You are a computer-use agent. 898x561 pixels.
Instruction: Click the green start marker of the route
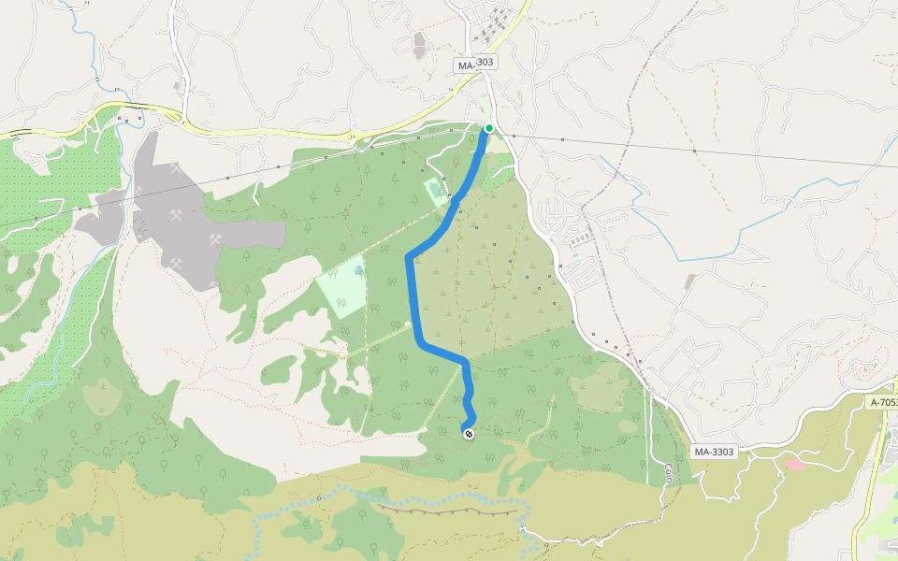click(488, 128)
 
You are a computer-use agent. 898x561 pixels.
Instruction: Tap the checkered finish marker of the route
click(468, 432)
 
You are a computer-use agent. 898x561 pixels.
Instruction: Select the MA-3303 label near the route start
click(476, 65)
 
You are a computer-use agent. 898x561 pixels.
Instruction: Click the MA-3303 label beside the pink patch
click(714, 452)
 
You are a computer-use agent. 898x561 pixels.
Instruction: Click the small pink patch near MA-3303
click(794, 463)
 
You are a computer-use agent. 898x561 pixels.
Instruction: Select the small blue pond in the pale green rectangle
click(358, 271)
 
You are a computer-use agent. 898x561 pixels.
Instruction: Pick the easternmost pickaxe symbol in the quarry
click(216, 239)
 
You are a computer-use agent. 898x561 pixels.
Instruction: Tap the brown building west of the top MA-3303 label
click(419, 44)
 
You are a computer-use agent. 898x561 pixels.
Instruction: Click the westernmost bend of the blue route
click(409, 257)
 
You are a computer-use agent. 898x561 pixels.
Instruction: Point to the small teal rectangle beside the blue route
click(436, 194)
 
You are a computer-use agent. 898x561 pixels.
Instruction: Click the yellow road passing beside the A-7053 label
click(870, 467)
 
